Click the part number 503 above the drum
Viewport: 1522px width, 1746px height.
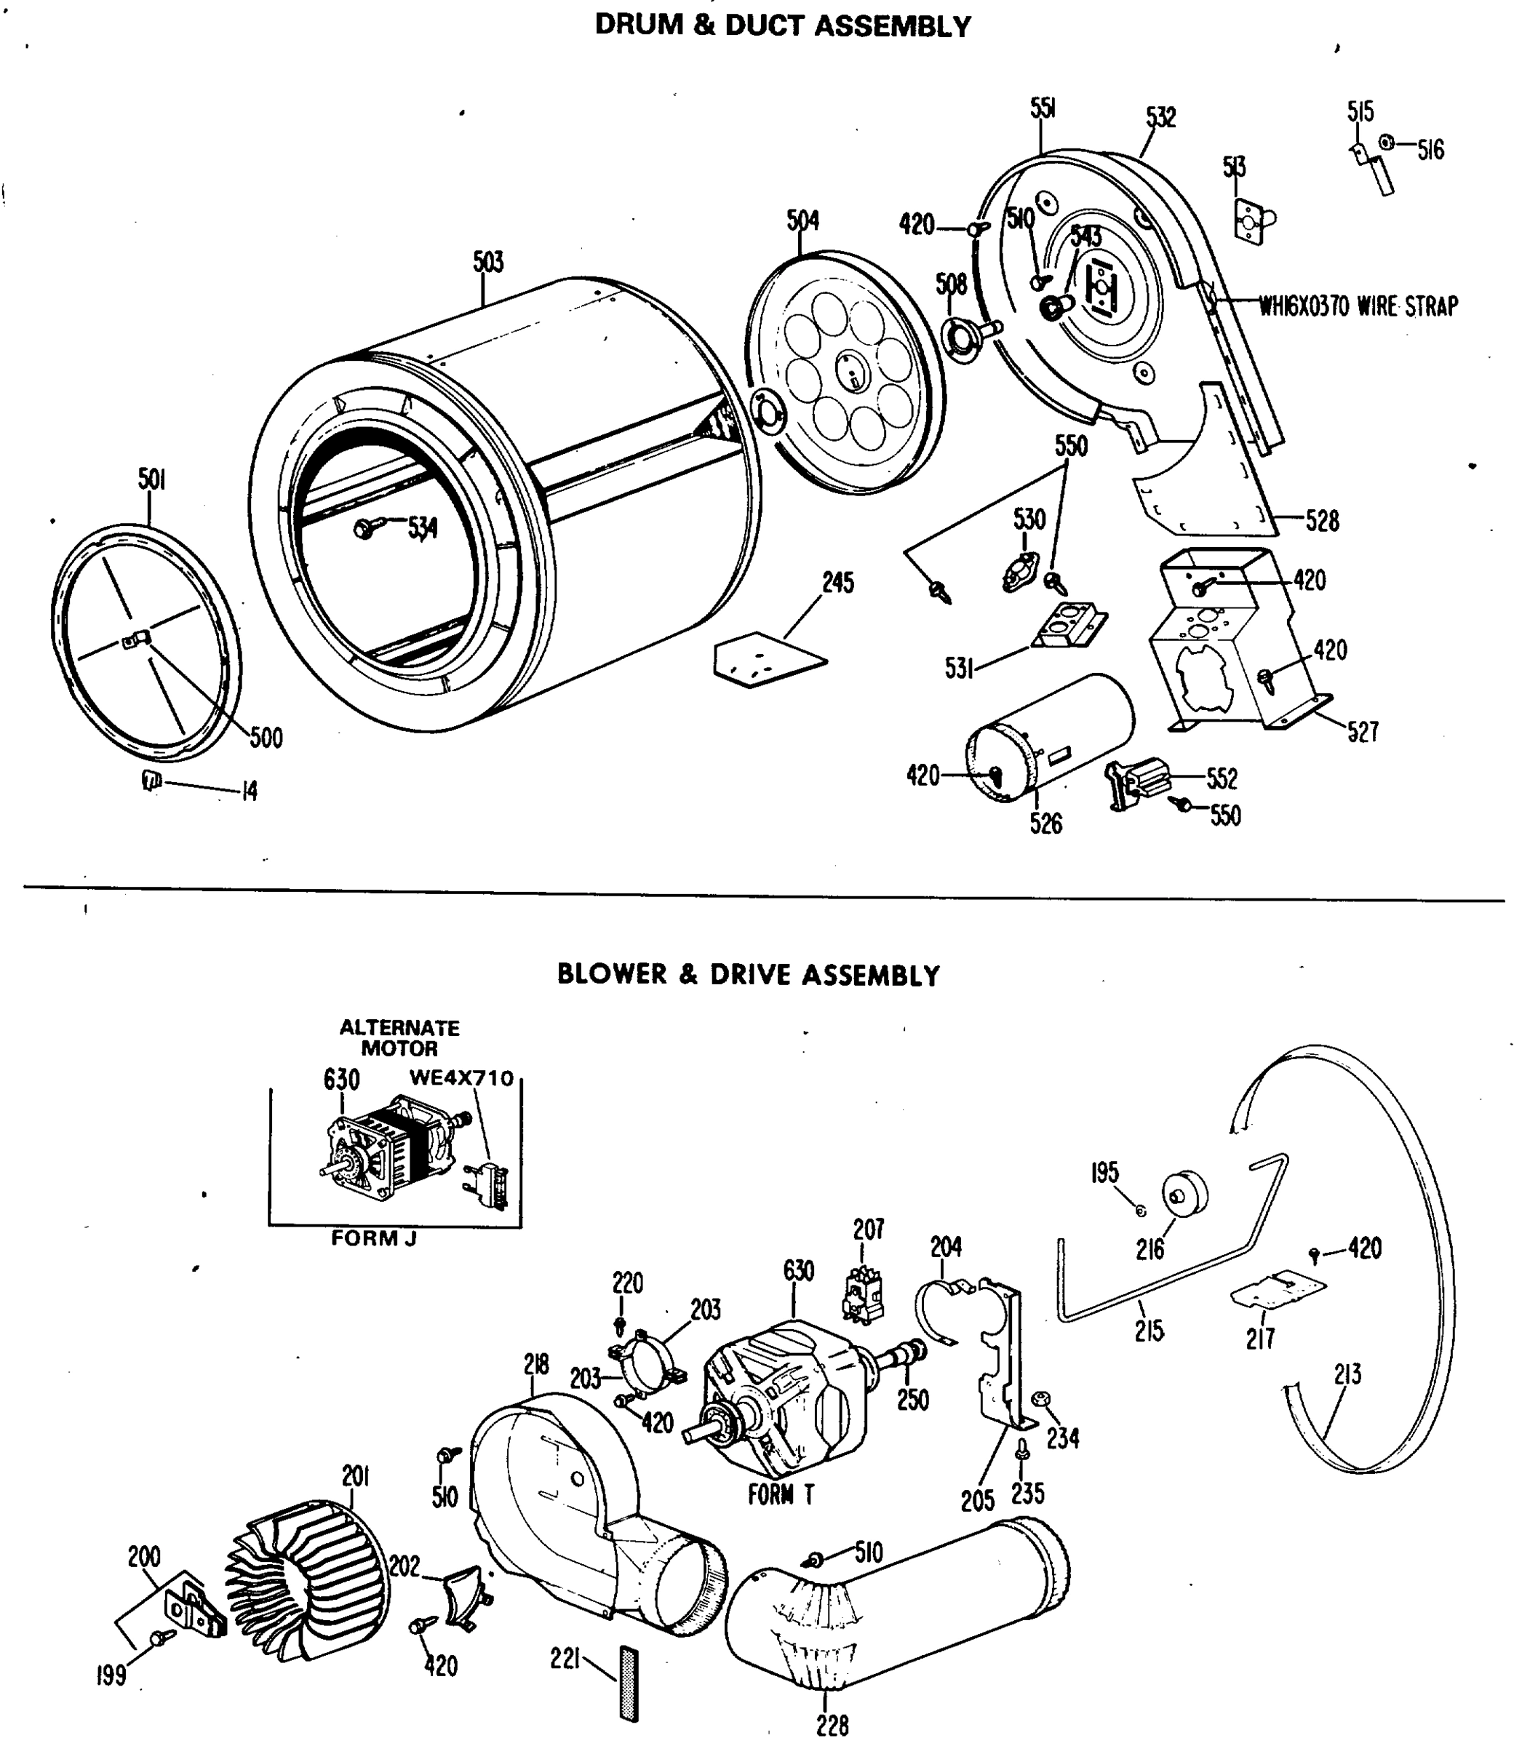click(488, 262)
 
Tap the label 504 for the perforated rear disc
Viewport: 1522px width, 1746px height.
click(802, 221)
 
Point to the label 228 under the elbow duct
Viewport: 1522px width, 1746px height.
click(832, 1725)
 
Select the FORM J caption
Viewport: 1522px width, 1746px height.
click(374, 1238)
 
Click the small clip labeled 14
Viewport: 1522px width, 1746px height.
click(151, 780)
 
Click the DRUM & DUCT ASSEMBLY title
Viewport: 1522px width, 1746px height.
click(782, 26)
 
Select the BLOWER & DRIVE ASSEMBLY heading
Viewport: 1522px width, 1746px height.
click(748, 974)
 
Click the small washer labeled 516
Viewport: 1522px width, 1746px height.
click(1386, 143)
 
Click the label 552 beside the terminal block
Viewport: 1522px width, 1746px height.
click(1222, 778)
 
